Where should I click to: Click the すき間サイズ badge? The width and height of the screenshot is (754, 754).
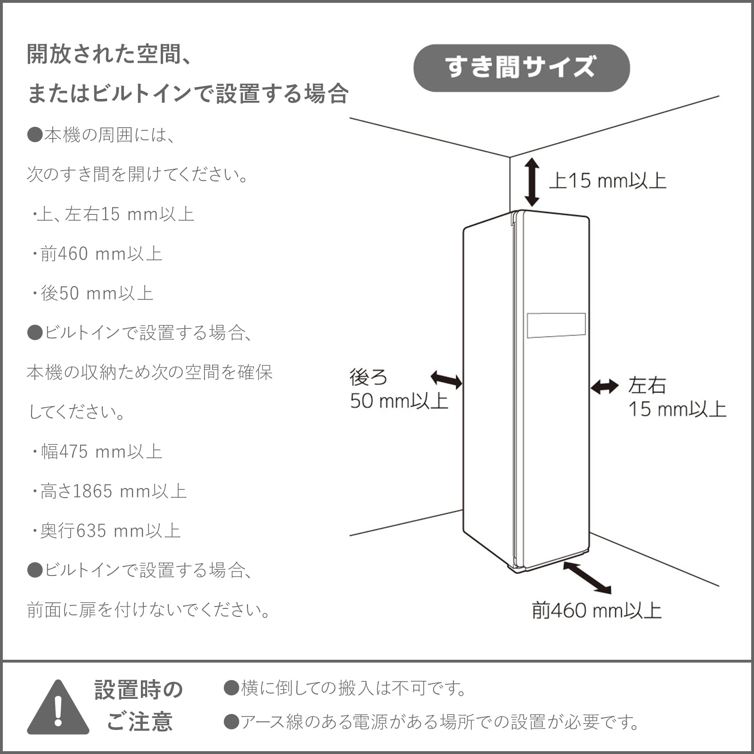click(x=521, y=68)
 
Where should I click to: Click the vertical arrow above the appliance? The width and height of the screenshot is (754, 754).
click(x=532, y=182)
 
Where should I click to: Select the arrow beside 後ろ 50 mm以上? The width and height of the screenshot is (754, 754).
click(x=446, y=379)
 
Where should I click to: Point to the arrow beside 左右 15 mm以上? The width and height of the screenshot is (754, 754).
click(x=605, y=386)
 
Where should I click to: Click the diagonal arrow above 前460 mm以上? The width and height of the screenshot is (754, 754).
click(x=587, y=577)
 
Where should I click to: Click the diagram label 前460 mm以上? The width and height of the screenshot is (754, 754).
click(x=597, y=611)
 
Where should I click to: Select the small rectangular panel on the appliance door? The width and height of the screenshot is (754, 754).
click(x=556, y=325)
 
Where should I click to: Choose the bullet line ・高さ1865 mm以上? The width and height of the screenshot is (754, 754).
click(x=110, y=491)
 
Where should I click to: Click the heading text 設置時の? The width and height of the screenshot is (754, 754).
click(x=139, y=690)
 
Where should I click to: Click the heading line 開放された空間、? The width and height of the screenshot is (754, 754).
click(x=109, y=55)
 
